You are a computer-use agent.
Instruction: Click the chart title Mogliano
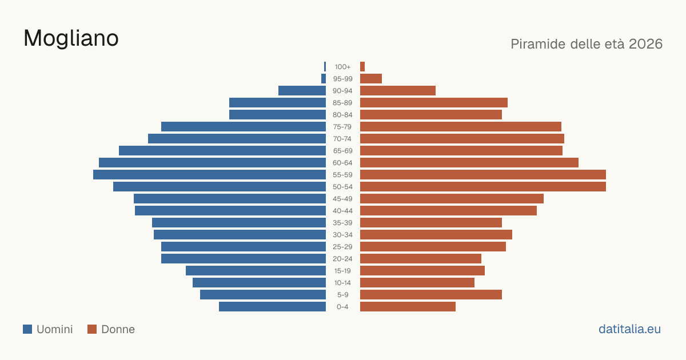click(71, 39)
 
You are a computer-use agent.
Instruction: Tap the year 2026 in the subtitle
click(645, 44)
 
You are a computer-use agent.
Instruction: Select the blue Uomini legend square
click(27, 329)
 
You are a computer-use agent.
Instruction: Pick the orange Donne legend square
click(92, 329)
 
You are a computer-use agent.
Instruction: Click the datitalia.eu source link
click(629, 329)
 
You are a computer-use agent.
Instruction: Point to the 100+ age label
click(342, 67)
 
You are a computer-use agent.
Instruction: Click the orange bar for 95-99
click(371, 79)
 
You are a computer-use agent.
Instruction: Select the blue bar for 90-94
click(302, 91)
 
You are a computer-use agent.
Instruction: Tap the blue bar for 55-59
click(209, 174)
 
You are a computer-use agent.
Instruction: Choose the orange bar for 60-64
click(469, 162)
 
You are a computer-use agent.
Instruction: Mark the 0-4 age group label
click(342, 307)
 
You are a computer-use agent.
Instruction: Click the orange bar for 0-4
click(408, 307)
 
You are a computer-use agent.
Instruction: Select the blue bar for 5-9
click(263, 294)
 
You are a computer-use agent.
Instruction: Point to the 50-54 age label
click(342, 187)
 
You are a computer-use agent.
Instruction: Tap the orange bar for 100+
click(362, 67)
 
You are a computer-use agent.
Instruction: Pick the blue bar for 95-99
click(324, 79)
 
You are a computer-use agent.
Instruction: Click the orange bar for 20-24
click(421, 259)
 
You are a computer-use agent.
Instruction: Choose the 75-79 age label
click(342, 127)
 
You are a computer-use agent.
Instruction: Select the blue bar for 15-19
click(256, 271)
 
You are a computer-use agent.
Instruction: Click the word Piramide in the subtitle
click(538, 44)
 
